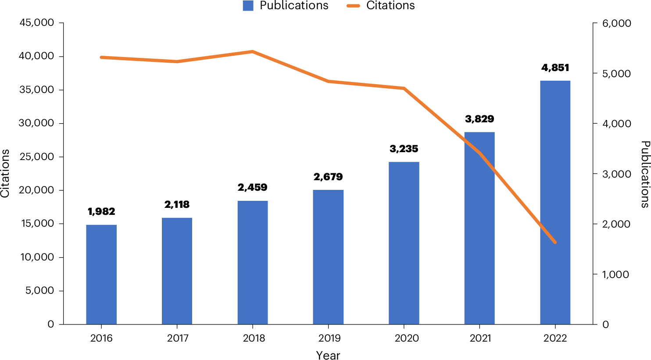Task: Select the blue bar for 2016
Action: [x=101, y=274]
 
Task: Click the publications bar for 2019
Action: [x=328, y=257]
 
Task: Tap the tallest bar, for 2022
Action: [x=555, y=202]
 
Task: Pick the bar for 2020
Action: [x=404, y=243]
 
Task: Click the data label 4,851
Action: [x=555, y=68]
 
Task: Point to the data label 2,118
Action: [x=177, y=204]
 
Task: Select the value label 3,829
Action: [x=479, y=119]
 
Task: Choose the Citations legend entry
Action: [x=382, y=6]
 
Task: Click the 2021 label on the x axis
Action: [x=479, y=338]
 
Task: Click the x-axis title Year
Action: [x=328, y=355]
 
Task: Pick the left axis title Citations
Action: [x=5, y=174]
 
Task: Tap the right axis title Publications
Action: [x=645, y=174]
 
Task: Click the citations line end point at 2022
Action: [x=555, y=242]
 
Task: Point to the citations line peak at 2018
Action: [x=253, y=52]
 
